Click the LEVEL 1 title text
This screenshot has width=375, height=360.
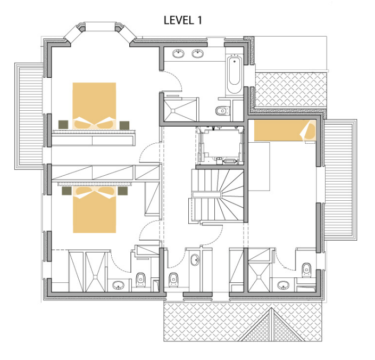tap(183, 20)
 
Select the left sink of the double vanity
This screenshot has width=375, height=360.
tap(178, 53)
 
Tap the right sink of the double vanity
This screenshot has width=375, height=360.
tap(197, 53)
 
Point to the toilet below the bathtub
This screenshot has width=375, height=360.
tap(223, 111)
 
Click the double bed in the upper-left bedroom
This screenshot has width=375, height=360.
tap(94, 105)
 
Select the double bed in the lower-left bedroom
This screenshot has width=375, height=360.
tap(95, 210)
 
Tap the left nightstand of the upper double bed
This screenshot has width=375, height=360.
tap(63, 125)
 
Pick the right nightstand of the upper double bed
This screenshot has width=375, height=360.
tap(124, 125)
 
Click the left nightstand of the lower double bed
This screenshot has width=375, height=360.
tap(66, 191)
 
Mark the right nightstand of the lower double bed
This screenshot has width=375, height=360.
tap(123, 191)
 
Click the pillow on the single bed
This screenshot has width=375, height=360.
tap(309, 130)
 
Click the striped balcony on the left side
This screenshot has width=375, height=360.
tap(29, 116)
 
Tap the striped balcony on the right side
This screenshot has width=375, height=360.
tap(340, 180)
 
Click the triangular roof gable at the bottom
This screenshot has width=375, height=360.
tap(271, 325)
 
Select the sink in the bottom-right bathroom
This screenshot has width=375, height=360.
tap(284, 285)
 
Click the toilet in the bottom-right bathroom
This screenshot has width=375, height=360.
tap(306, 270)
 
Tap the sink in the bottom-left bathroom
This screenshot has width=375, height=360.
tap(118, 285)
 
